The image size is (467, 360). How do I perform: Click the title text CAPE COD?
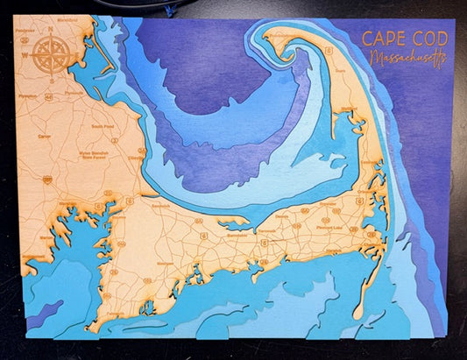coord(404,39)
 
